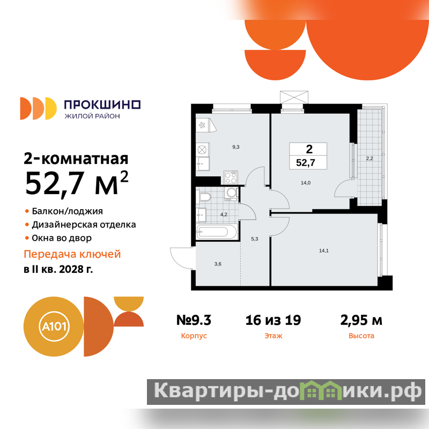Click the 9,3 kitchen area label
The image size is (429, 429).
236,147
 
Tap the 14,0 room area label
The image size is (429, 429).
306,183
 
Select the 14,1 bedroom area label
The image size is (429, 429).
324,250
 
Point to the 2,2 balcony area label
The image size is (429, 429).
369,158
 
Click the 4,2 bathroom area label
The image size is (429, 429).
224,214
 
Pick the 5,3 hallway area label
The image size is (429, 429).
254,239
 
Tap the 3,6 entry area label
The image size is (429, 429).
218,264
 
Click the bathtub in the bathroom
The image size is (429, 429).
217,232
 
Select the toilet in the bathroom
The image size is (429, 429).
204,196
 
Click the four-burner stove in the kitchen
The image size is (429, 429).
231,177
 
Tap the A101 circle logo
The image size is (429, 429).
54,327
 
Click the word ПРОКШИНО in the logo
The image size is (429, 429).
102,105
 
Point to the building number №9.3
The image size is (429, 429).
194,320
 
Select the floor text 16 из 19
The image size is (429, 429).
273,320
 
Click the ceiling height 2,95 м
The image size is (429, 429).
361,320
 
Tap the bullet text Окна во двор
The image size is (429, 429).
62,238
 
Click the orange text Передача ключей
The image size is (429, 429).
72,254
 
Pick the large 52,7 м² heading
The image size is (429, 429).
77,183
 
